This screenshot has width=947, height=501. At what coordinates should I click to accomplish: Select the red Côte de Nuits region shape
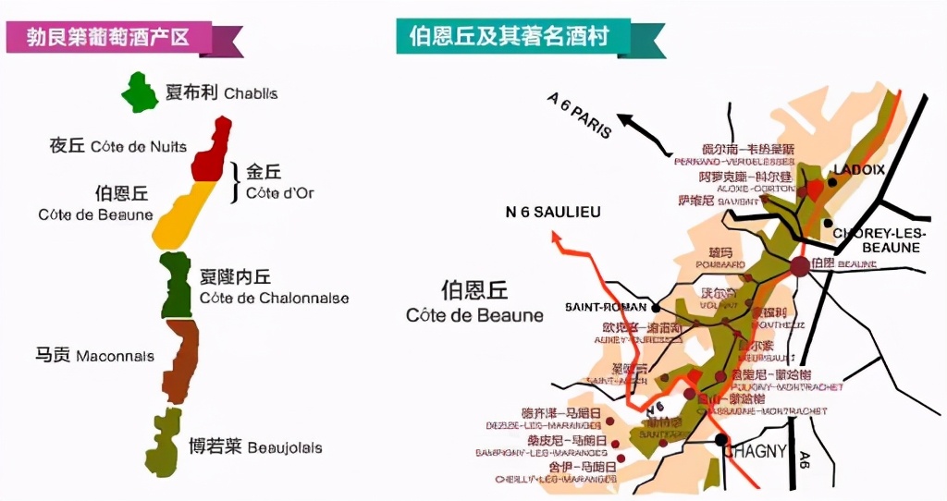[211, 150]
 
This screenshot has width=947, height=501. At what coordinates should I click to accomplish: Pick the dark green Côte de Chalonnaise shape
[176, 285]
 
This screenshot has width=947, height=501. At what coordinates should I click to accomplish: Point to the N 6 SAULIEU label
[553, 212]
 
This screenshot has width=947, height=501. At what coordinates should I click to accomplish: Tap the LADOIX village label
[859, 170]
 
